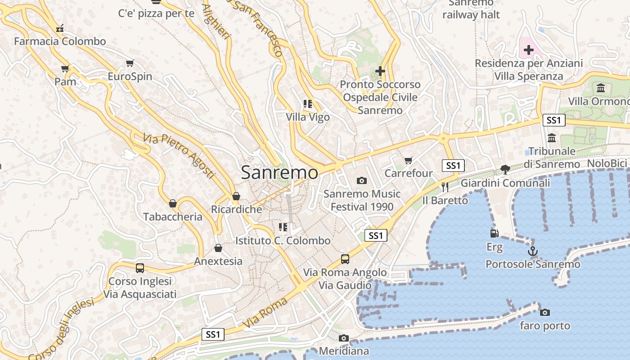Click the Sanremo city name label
tap(279, 173)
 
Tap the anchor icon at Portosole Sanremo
tap(533, 251)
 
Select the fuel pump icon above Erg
tap(494, 233)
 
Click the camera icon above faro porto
tap(545, 312)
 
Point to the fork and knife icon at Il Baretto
tap(445, 187)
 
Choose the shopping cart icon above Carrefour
tap(409, 160)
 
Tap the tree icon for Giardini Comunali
tap(505, 170)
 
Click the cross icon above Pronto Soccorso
tap(380, 71)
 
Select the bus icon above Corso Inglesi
tap(140, 268)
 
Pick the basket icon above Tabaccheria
tap(173, 203)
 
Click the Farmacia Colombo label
tap(60, 41)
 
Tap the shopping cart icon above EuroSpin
tap(130, 63)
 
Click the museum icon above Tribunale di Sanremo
tap(552, 138)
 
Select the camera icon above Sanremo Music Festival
tap(361, 181)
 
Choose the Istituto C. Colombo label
tap(283, 241)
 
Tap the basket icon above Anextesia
tap(218, 248)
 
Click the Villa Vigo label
tap(308, 117)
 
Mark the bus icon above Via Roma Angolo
tap(345, 259)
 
